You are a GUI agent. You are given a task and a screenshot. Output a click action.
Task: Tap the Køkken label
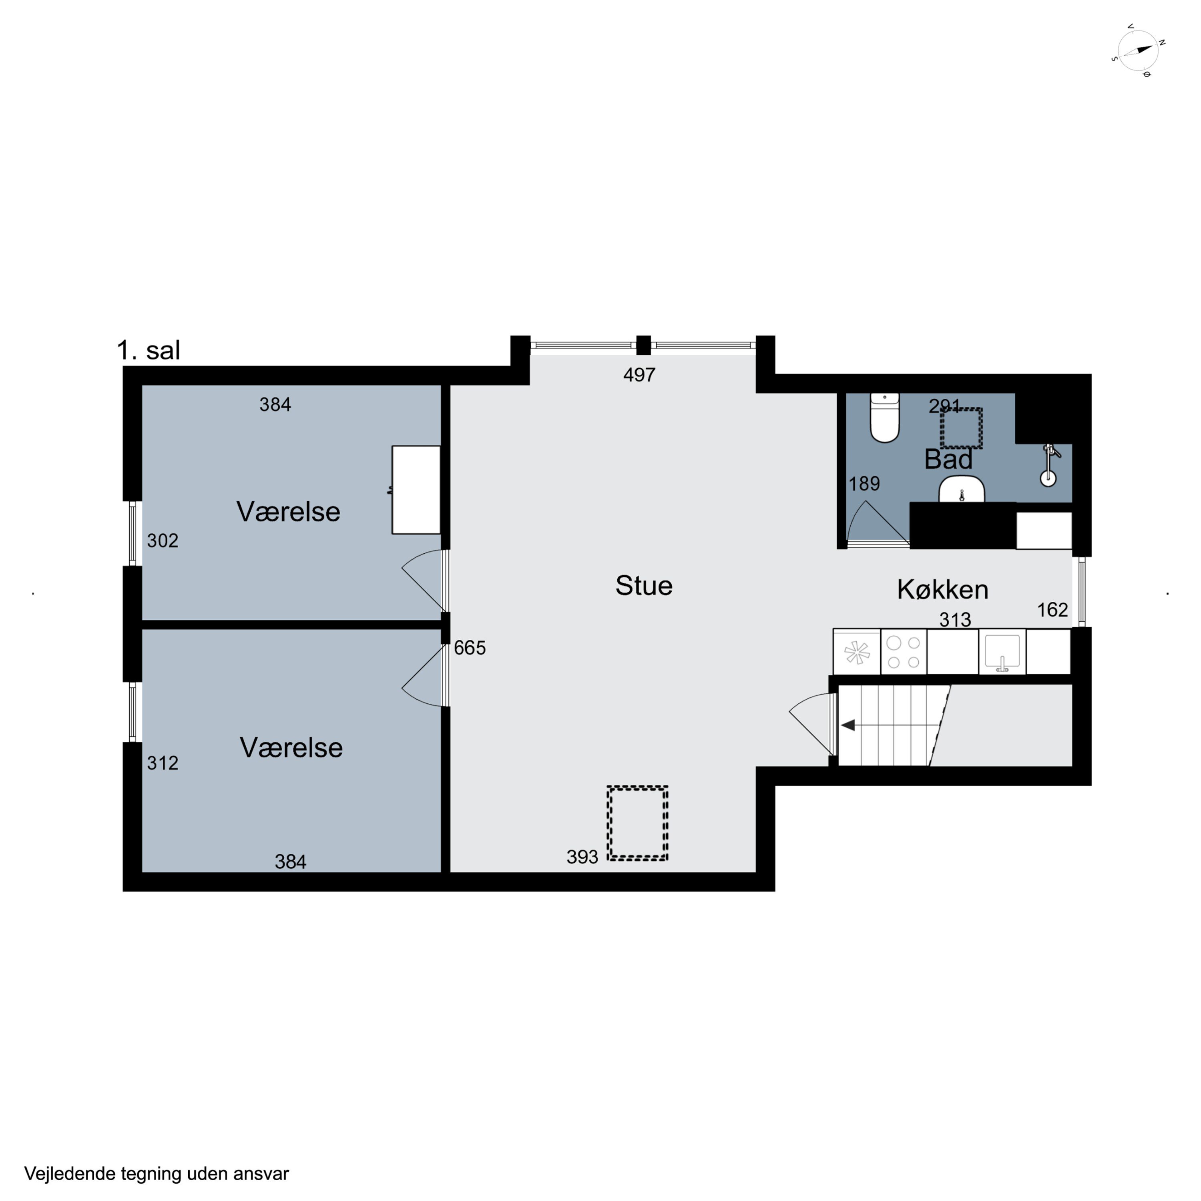click(x=942, y=589)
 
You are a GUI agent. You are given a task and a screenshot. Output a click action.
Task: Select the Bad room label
click(x=948, y=460)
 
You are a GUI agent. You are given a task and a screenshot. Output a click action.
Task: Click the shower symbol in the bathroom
click(x=1049, y=464)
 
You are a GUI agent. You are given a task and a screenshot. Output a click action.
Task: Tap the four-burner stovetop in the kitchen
click(x=903, y=651)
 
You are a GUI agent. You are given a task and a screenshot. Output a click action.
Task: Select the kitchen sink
click(x=1002, y=651)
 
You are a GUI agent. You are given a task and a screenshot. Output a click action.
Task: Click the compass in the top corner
click(x=1138, y=51)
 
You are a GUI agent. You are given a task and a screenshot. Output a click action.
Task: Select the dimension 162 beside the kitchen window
click(x=1052, y=610)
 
